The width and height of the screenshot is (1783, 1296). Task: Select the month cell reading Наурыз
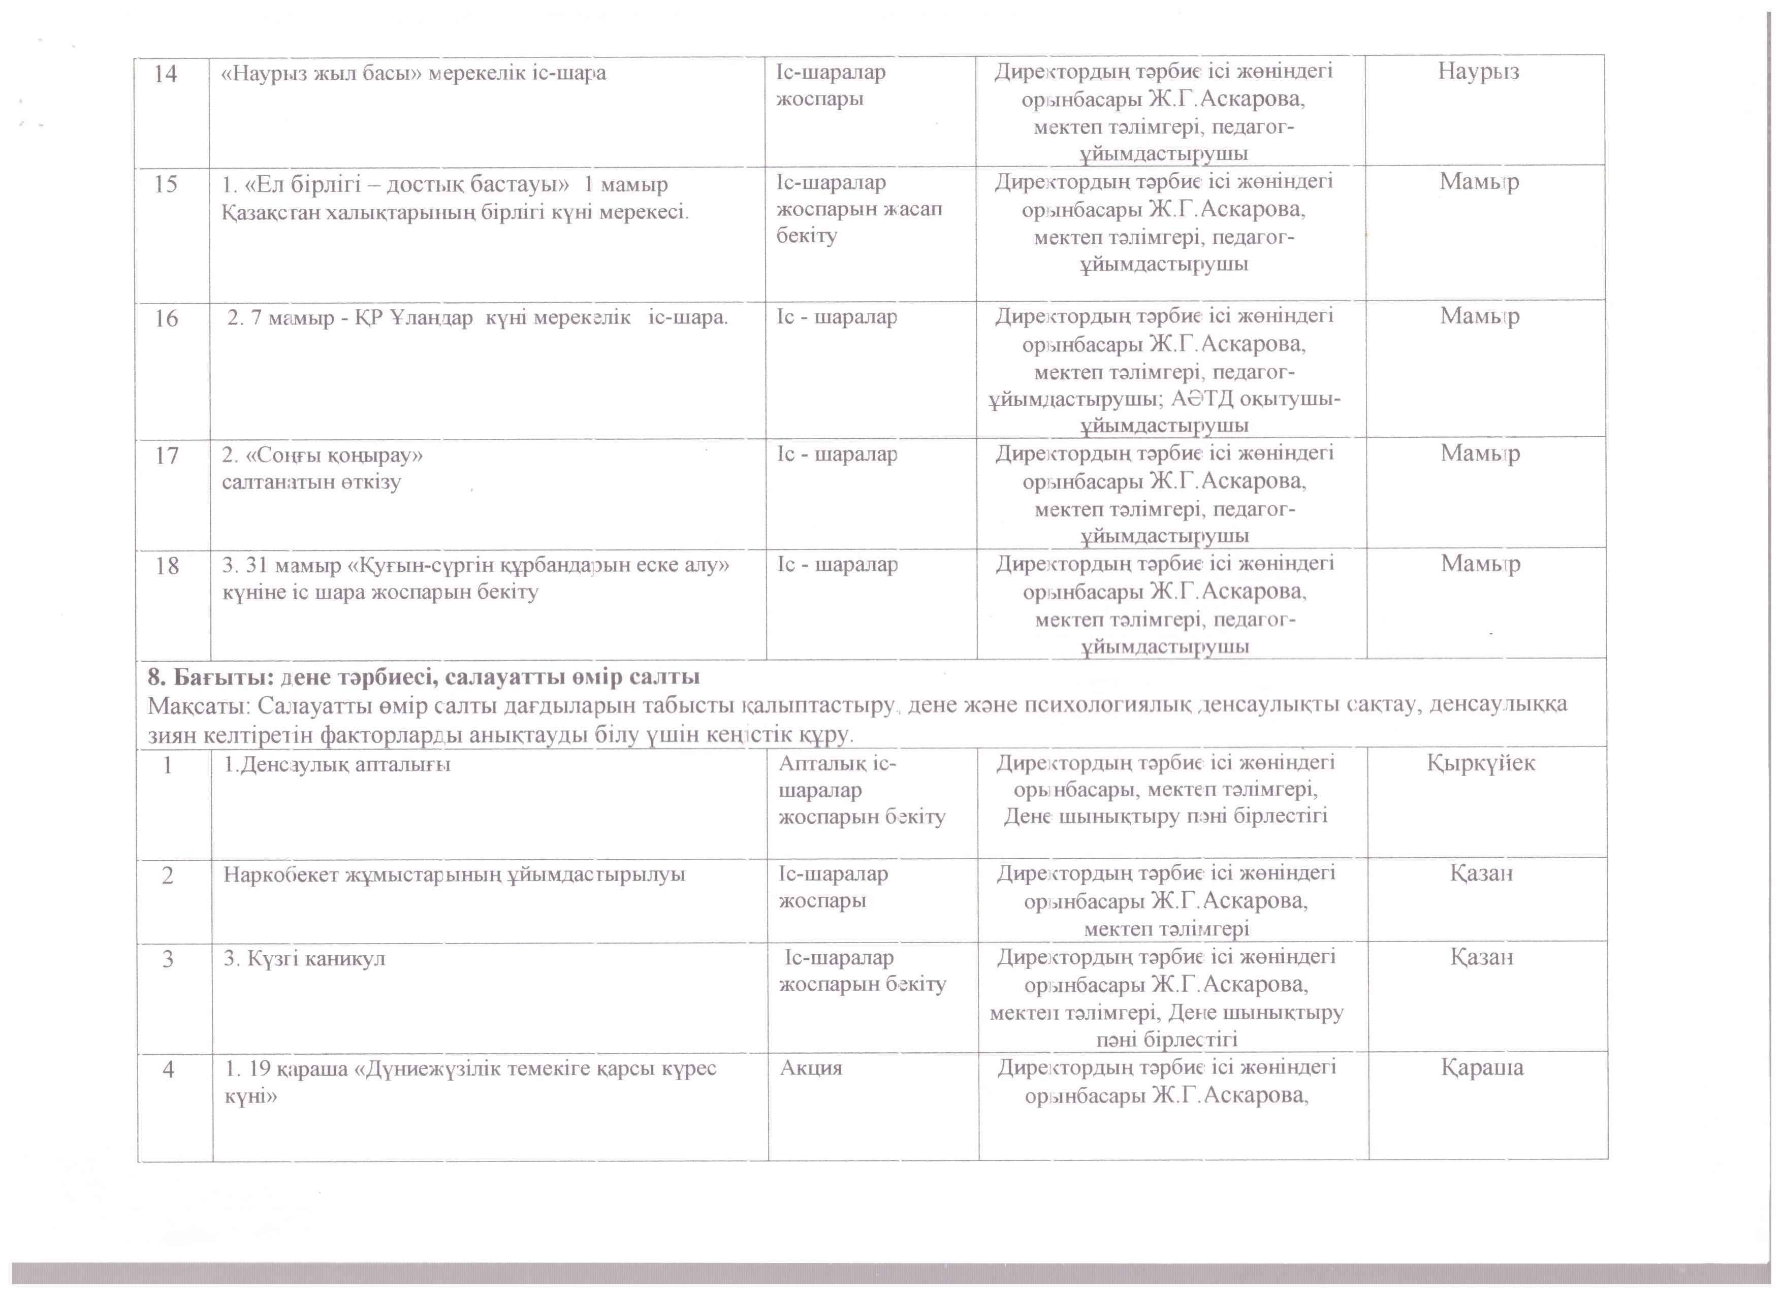[x=1479, y=72]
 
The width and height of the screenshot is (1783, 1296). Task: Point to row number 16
[x=166, y=319]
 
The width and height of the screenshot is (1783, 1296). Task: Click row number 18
[x=167, y=566]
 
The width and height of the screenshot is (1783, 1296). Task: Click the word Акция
[x=811, y=1069]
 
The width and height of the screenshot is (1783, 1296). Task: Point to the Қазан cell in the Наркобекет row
[x=1481, y=874]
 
